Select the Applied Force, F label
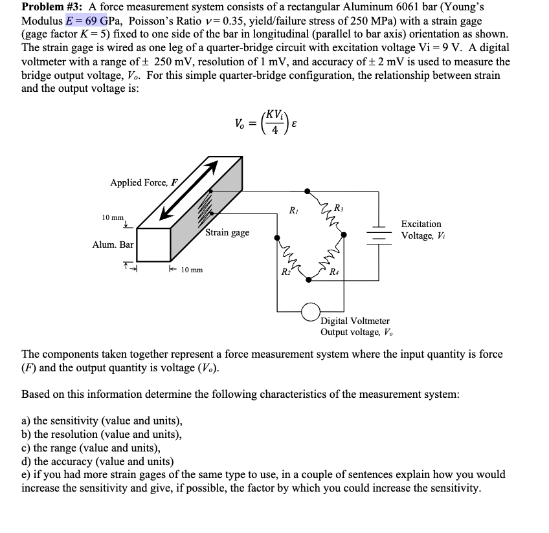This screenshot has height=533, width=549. (144, 183)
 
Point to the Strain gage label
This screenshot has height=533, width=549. (227, 232)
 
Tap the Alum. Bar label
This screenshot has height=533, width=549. (113, 245)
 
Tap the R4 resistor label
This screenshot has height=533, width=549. (334, 272)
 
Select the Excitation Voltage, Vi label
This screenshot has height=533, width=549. (421, 230)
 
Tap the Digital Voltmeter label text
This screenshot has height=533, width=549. (355, 321)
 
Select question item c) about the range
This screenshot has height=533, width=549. (91, 448)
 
